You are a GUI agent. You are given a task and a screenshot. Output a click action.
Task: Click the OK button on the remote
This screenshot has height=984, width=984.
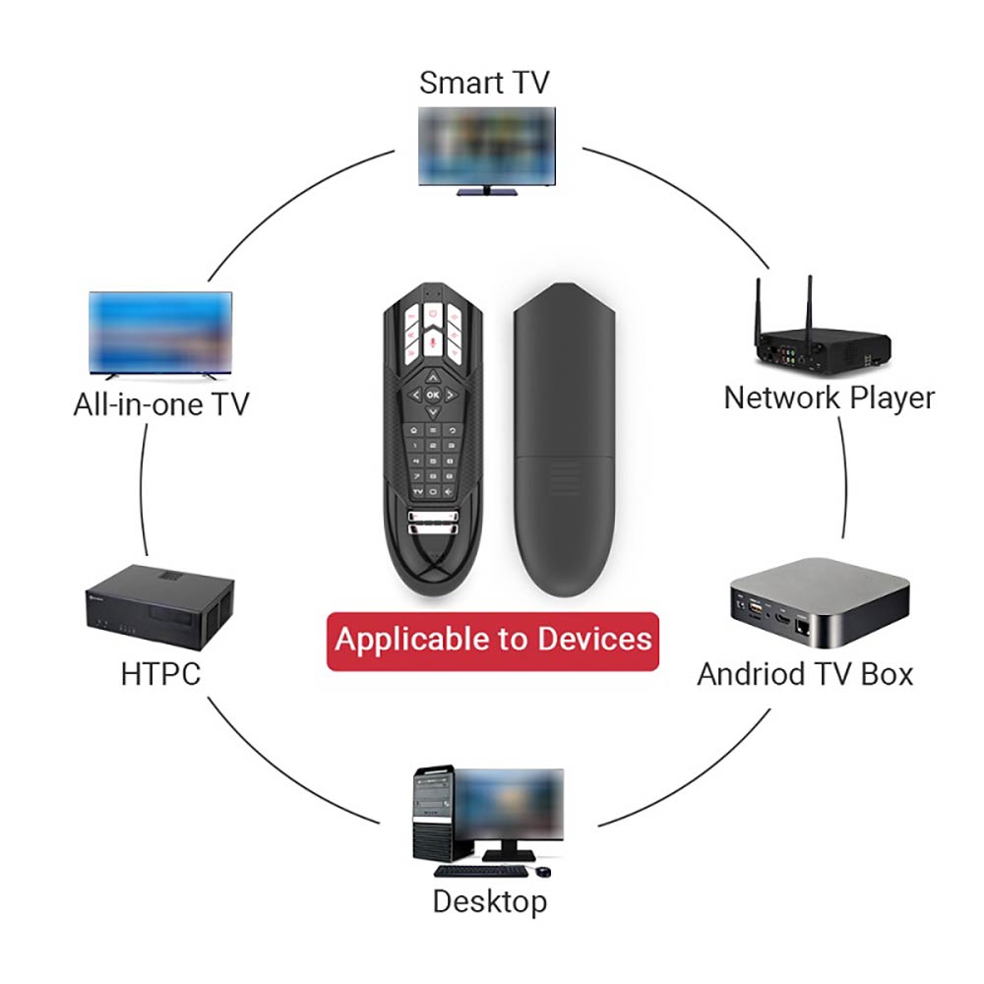point(433,394)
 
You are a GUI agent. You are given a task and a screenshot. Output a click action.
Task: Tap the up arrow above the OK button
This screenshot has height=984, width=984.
point(433,375)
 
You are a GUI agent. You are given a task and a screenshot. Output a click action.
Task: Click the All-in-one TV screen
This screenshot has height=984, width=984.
point(160,332)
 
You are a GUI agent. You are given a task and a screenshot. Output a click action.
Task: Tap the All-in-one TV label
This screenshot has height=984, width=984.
point(161,403)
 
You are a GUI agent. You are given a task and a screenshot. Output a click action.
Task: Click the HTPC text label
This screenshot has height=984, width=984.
point(160,674)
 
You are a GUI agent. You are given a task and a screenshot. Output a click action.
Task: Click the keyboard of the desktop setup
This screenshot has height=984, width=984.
point(476,871)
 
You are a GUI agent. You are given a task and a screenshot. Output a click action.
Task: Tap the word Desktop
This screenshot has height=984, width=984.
point(489,901)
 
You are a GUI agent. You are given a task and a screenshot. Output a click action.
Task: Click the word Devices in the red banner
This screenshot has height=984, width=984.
point(594,639)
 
